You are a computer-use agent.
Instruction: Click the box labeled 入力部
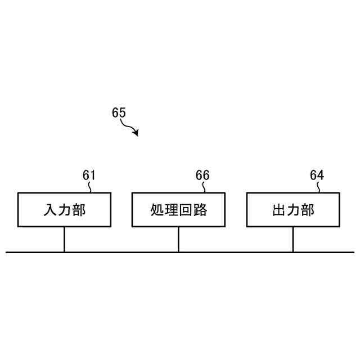tap(64, 210)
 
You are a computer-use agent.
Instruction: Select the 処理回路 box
tap(178, 210)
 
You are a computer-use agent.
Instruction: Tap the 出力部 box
tap(293, 210)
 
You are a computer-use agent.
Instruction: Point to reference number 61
tap(89, 175)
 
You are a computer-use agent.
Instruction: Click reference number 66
tap(202, 175)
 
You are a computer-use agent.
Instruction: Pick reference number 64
tap(317, 175)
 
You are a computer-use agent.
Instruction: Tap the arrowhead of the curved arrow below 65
tap(136, 133)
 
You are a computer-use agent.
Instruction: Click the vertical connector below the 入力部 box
tap(64, 240)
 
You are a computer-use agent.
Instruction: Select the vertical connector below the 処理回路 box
tap(178, 240)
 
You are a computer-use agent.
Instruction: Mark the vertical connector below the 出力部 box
tap(293, 240)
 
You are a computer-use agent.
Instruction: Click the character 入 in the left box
tap(50, 210)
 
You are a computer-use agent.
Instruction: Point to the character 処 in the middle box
tap(157, 210)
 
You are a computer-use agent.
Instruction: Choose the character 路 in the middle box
tap(200, 210)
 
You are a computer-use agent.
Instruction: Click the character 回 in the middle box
tap(186, 210)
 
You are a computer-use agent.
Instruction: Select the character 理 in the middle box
tap(171, 210)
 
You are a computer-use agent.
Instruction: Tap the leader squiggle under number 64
tap(318, 187)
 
